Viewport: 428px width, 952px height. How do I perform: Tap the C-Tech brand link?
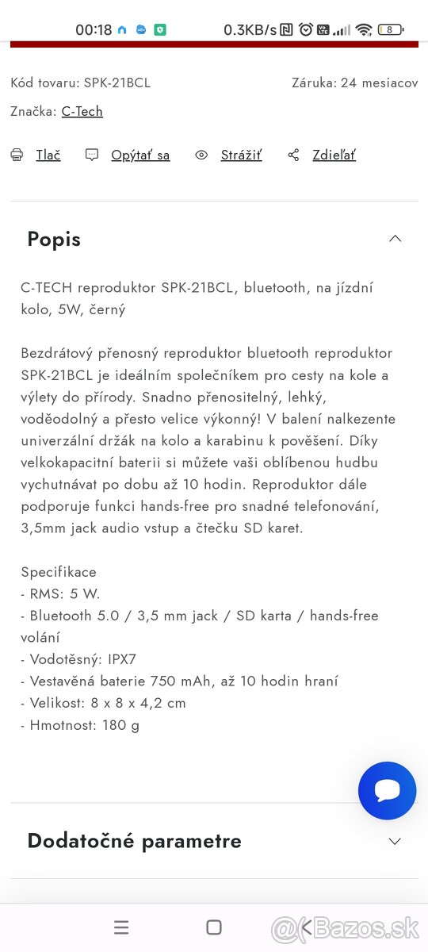click(x=82, y=111)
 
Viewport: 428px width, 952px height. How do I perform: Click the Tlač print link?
click(x=48, y=155)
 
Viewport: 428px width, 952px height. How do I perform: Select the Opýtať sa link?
click(x=140, y=155)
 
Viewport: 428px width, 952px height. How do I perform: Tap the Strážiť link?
click(x=241, y=155)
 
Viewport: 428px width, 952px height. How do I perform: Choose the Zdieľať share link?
click(x=334, y=155)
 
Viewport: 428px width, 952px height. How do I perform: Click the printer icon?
click(x=17, y=155)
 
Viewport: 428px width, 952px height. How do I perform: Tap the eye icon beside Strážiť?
click(x=201, y=155)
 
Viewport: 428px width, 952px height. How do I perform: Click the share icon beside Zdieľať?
click(x=293, y=155)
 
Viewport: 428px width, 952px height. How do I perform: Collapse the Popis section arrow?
click(x=395, y=239)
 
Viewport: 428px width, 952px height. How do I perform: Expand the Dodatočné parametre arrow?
click(x=395, y=841)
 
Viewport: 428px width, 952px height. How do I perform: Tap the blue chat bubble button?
click(x=387, y=790)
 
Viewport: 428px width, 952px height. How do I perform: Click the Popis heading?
click(x=54, y=239)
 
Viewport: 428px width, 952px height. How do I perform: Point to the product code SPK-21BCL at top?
click(x=117, y=83)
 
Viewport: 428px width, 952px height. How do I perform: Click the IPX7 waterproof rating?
click(x=120, y=658)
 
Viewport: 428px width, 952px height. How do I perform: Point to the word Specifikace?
click(x=59, y=571)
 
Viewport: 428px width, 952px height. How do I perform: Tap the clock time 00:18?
click(x=94, y=30)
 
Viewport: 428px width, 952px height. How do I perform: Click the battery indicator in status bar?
click(x=390, y=30)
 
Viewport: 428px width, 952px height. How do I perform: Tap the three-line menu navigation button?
click(x=121, y=927)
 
